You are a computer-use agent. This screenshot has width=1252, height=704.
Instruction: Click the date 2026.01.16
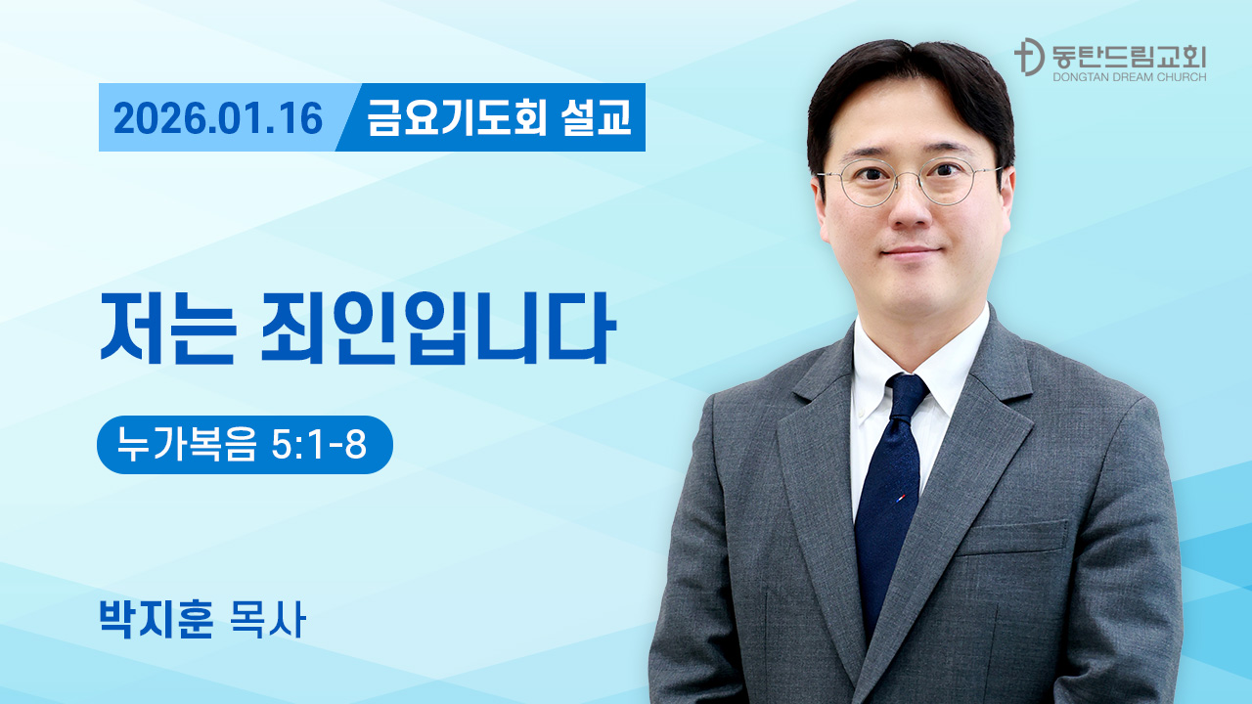pyautogui.click(x=218, y=118)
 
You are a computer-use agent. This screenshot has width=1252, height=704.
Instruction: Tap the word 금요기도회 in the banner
pyautogui.click(x=457, y=117)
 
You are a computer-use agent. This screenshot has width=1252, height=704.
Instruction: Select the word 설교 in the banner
pyautogui.click(x=596, y=117)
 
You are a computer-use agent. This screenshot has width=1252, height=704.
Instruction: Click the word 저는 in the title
pyautogui.click(x=167, y=328)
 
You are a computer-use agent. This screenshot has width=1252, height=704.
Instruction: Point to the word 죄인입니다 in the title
pyautogui.click(x=438, y=328)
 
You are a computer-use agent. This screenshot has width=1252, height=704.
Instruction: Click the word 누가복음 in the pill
pyautogui.click(x=187, y=445)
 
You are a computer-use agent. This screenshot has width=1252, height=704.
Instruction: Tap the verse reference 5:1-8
pyautogui.click(x=319, y=445)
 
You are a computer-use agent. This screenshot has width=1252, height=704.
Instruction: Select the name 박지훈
pyautogui.click(x=156, y=619)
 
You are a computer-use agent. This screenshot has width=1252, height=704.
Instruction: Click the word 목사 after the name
pyautogui.click(x=268, y=619)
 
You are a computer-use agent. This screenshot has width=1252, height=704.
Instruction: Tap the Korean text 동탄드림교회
pyautogui.click(x=1129, y=57)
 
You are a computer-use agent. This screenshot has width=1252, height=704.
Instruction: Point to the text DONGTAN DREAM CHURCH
pyautogui.click(x=1129, y=77)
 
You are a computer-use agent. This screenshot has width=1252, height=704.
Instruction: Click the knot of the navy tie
pyautogui.click(x=907, y=395)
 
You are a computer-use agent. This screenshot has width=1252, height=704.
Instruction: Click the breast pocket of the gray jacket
pyautogui.click(x=1011, y=538)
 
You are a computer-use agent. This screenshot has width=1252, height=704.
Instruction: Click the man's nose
pyautogui.click(x=910, y=209)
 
